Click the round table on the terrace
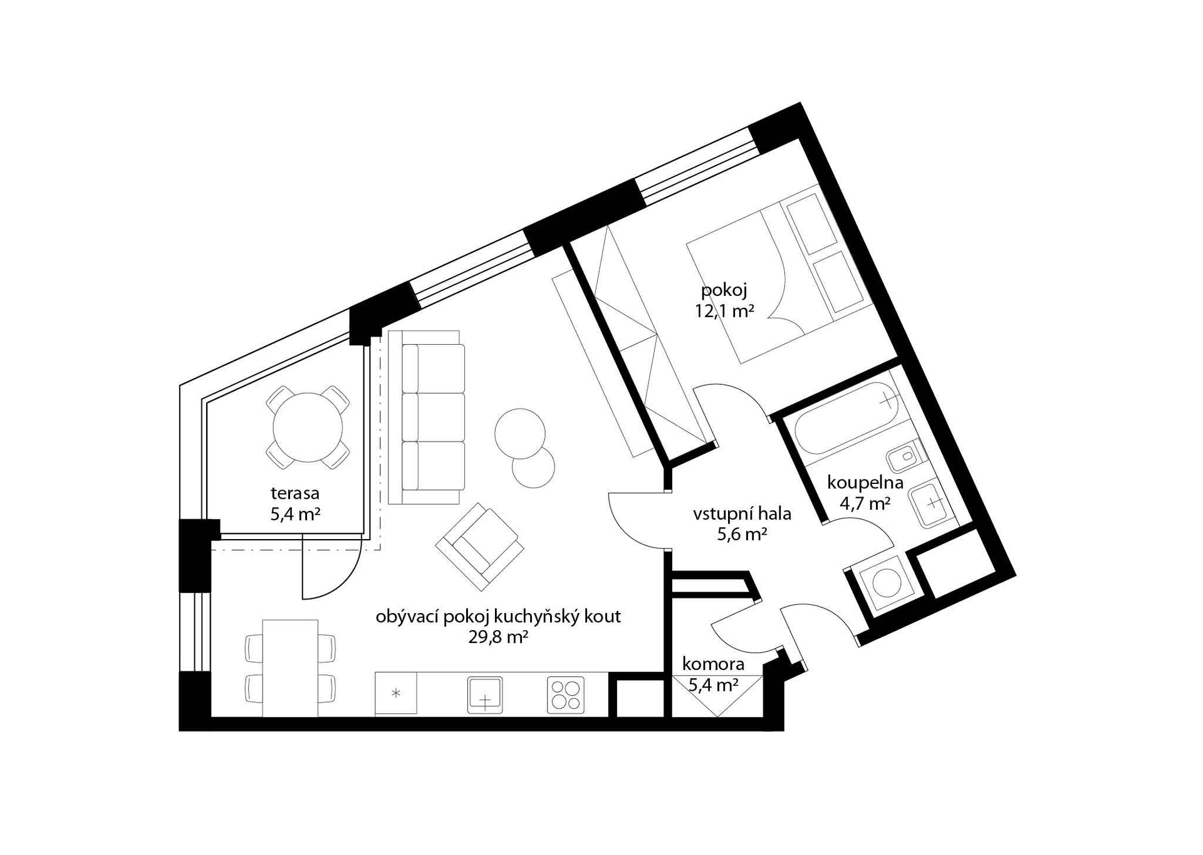click(x=308, y=427)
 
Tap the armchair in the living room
click(x=480, y=547)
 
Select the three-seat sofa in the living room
click(x=427, y=417)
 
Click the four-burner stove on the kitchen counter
click(x=566, y=695)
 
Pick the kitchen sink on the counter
click(x=485, y=695)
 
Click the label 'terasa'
click(x=295, y=493)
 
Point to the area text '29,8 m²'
click(x=498, y=637)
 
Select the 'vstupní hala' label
click(x=742, y=514)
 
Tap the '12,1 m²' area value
click(x=724, y=310)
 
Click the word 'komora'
click(x=713, y=664)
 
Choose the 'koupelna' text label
click(x=865, y=483)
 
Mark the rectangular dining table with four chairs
click(x=290, y=668)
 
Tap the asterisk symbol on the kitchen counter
click(x=395, y=693)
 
